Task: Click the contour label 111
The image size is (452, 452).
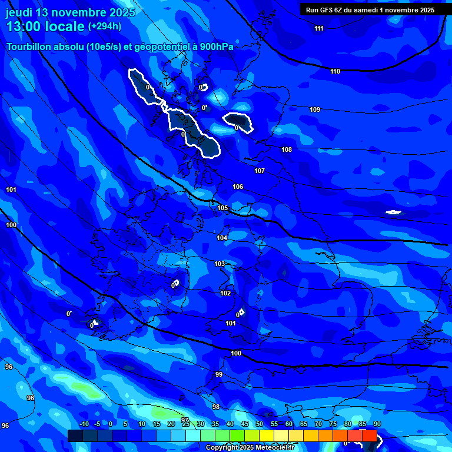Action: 319,29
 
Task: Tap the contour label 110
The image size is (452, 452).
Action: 335,72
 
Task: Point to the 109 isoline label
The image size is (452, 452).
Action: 315,110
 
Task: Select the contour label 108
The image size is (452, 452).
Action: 287,150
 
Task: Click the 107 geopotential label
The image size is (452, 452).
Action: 260,171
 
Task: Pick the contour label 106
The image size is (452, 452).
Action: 238,187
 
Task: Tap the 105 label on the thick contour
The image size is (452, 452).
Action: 222,208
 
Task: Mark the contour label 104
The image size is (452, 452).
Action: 222,238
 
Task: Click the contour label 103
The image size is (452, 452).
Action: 220,264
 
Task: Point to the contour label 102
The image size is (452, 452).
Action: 225,293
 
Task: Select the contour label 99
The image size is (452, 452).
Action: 219,375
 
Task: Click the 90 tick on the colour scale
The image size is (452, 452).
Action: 377,424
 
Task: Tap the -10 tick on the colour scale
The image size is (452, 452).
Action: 84,424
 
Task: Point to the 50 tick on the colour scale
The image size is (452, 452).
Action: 259,424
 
